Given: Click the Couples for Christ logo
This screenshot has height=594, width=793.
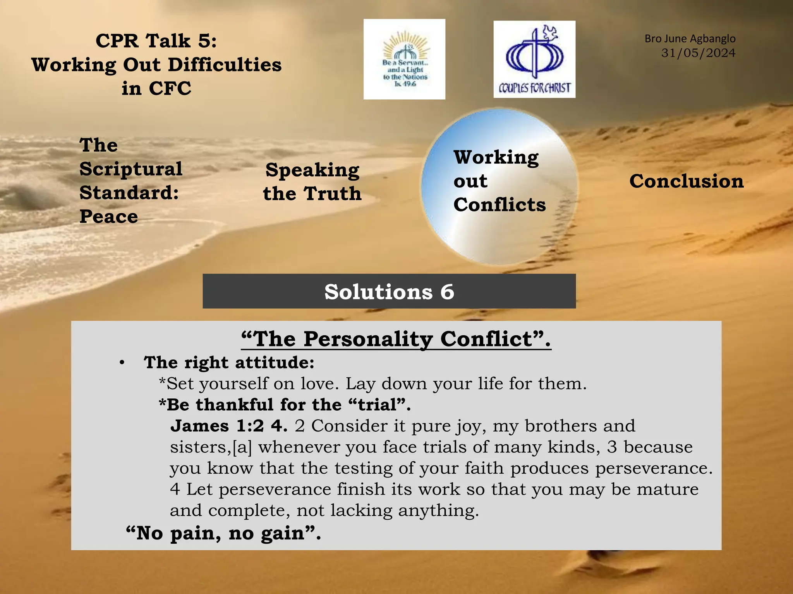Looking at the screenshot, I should pyautogui.click(x=534, y=59).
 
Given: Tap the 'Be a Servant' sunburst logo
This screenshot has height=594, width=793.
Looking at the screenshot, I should pyautogui.click(x=404, y=59).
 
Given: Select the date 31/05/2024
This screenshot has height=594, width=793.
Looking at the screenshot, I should pyautogui.click(x=698, y=53).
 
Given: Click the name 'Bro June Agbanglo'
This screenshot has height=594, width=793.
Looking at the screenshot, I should pyautogui.click(x=690, y=39).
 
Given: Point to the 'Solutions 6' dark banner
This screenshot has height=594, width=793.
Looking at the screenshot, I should pyautogui.click(x=389, y=291).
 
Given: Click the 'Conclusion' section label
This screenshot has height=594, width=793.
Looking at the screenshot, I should pyautogui.click(x=686, y=181).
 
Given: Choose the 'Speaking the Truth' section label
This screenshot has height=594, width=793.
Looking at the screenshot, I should pyautogui.click(x=312, y=181).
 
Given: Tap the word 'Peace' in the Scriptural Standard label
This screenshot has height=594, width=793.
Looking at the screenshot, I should pyautogui.click(x=109, y=216).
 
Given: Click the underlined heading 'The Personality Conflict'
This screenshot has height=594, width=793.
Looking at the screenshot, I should pyautogui.click(x=396, y=339).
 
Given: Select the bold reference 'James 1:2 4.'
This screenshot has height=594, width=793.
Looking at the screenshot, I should pyautogui.click(x=229, y=426).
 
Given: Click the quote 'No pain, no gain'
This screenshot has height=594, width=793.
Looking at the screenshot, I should pyautogui.click(x=223, y=533).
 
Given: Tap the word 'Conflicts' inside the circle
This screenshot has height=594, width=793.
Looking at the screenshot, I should pyautogui.click(x=499, y=205).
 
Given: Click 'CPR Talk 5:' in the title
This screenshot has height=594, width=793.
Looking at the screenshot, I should pyautogui.click(x=156, y=41).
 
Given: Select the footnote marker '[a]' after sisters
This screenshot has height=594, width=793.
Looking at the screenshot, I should pyautogui.click(x=242, y=447).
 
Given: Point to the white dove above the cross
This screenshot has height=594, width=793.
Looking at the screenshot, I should pyautogui.click(x=551, y=32).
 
